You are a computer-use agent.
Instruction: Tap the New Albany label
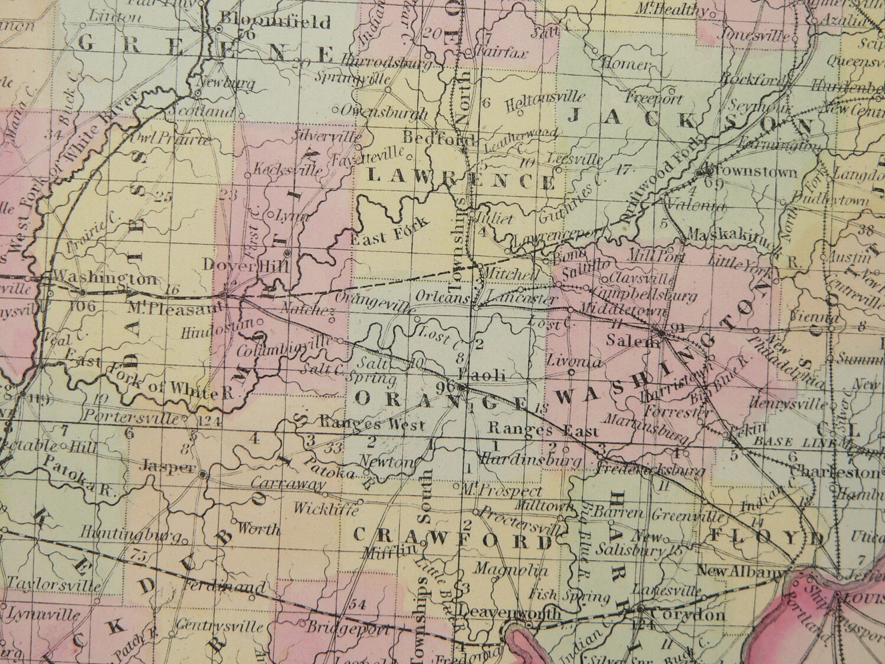click(741, 571)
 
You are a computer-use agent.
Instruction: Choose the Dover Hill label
click(244, 266)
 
